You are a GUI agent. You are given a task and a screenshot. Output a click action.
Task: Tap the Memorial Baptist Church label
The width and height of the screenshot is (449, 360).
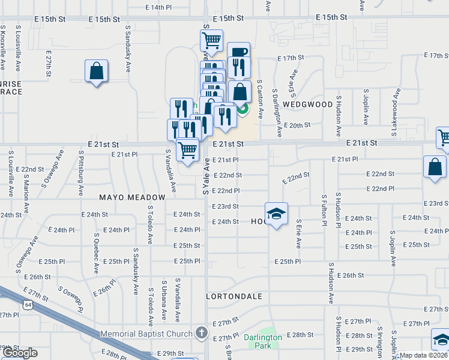(x=146, y=334)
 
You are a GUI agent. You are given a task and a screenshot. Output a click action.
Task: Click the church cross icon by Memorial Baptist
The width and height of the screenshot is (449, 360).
(x=202, y=333)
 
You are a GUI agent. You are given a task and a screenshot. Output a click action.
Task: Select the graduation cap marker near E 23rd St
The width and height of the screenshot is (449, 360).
(x=276, y=214)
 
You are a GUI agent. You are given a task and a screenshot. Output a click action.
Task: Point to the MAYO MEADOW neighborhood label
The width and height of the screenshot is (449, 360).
(x=132, y=197)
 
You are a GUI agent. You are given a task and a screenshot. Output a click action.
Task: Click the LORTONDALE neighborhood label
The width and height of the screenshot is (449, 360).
(x=234, y=296)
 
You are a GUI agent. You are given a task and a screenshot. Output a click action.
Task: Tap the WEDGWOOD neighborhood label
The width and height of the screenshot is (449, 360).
(x=307, y=104)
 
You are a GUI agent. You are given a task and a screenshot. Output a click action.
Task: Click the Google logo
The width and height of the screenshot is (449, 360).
(x=20, y=353)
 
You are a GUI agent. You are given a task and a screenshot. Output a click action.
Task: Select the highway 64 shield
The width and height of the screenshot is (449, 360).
(x=28, y=305)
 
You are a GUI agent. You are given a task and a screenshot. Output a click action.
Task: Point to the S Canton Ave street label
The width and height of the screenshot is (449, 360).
(x=261, y=98)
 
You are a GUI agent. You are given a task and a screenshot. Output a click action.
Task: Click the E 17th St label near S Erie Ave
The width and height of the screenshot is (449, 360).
(x=291, y=58)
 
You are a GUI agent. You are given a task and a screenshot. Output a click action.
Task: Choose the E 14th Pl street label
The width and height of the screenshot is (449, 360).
(x=158, y=7)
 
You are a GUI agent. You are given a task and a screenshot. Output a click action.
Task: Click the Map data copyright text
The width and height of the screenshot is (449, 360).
(x=423, y=355)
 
